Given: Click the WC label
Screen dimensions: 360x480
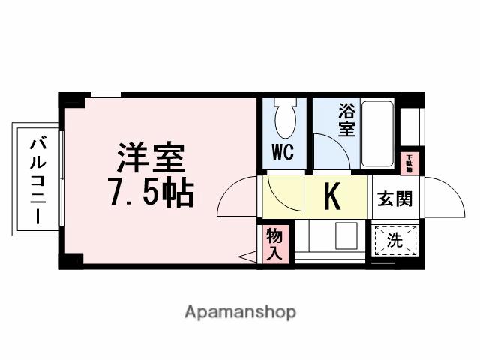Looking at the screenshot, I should (x=283, y=152).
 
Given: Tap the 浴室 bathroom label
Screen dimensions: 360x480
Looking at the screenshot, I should (x=346, y=120).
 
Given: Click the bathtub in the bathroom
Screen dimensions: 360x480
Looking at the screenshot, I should (x=377, y=133).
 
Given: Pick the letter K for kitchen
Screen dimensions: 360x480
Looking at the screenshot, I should (x=332, y=196).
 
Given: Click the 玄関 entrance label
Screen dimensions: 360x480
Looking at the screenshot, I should (x=394, y=200).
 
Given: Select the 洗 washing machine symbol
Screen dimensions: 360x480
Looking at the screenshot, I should (x=394, y=241).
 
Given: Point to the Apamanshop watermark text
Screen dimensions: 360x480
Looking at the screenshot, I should (x=240, y=311).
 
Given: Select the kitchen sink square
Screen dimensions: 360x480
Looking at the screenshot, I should (x=347, y=236).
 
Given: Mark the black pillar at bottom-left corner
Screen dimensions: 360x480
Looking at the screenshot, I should (x=71, y=259).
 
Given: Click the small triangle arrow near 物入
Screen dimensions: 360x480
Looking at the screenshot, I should (x=247, y=257).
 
